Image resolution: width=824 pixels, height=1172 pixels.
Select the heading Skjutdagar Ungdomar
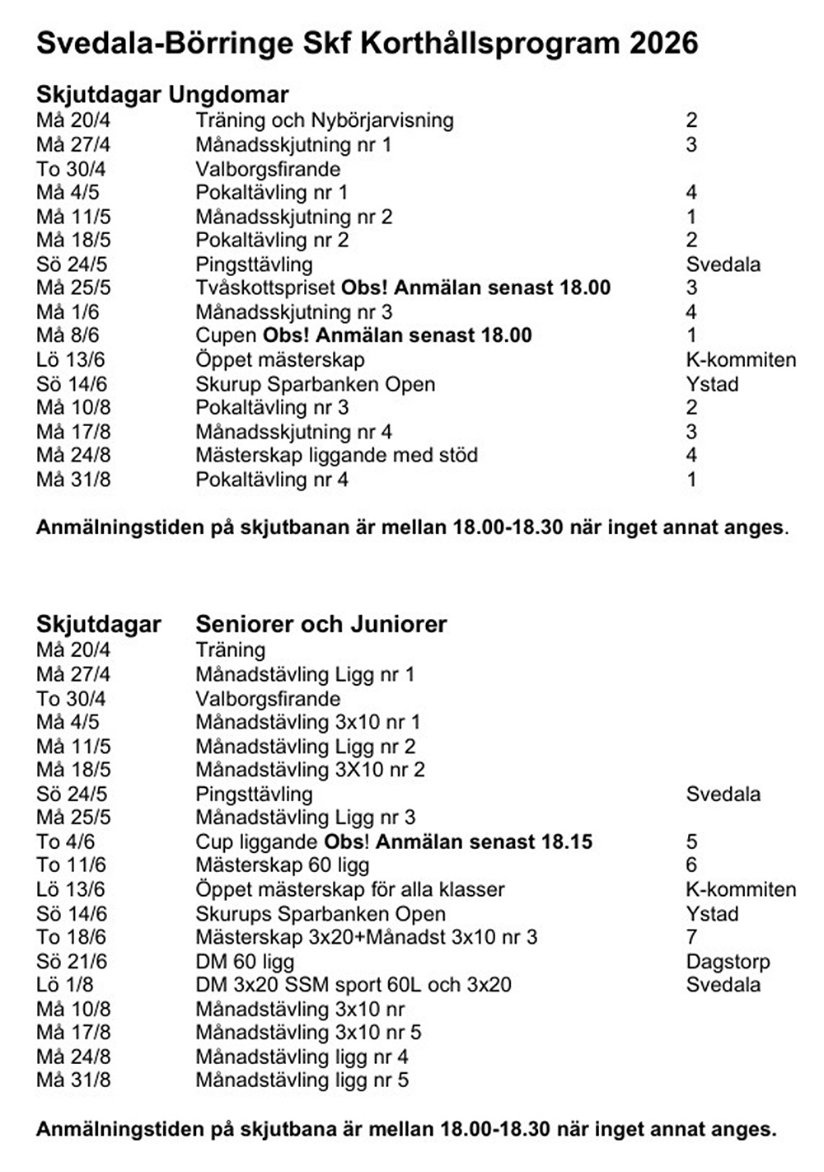pos(162,94)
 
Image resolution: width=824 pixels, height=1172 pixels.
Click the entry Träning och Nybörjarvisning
pos(324,120)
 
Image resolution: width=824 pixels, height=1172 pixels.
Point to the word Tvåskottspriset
pos(265,288)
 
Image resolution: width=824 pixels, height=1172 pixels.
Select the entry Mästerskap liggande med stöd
pos(336,455)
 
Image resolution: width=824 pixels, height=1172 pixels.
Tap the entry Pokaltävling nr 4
pos(272,480)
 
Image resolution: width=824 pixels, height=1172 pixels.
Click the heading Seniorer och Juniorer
pos(321,624)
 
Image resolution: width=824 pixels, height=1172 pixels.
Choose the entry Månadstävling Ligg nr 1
pos(305,674)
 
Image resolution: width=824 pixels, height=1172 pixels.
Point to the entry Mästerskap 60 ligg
pos(282,865)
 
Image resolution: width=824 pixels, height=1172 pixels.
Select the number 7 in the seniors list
pos(691,937)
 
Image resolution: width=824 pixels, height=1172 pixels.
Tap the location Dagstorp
pos(728,962)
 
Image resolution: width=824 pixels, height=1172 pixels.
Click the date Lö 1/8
pos(65,985)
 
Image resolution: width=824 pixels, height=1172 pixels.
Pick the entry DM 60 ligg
pos(245,962)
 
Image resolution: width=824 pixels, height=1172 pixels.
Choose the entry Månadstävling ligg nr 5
pos(302,1081)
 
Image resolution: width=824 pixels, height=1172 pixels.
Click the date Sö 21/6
pos(72,962)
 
